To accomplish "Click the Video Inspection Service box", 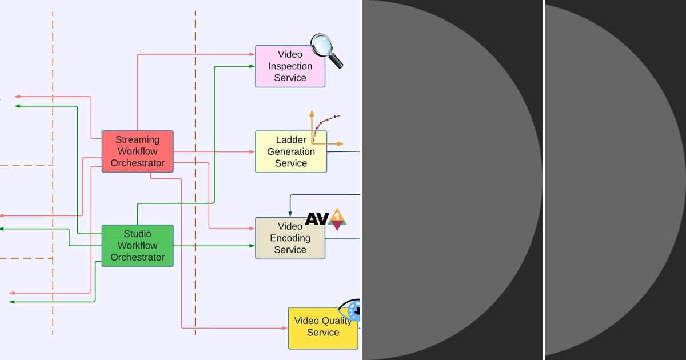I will coord(290,66).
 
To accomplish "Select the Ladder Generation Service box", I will coord(290,152).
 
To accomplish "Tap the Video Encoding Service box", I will coord(290,238).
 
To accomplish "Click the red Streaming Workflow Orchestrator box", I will coord(137,151).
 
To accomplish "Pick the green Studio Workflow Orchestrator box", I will coord(137,246).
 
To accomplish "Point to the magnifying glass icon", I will coord(326,50).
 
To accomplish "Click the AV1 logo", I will coord(326,218).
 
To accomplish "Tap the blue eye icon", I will coord(350,310).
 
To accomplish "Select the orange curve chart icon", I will coord(324,129).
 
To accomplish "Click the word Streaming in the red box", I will coord(137,139).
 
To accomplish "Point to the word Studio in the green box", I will coord(137,234).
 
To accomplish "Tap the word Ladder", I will coord(291,140).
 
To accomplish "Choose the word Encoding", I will coord(290,238).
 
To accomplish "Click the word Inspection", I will coord(290,66).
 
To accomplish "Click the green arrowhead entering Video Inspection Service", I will coord(252,66).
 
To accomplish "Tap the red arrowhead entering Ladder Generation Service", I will coord(252,152).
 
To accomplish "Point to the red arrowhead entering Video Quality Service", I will coord(285,329).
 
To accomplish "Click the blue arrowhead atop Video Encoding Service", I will coord(290,214).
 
